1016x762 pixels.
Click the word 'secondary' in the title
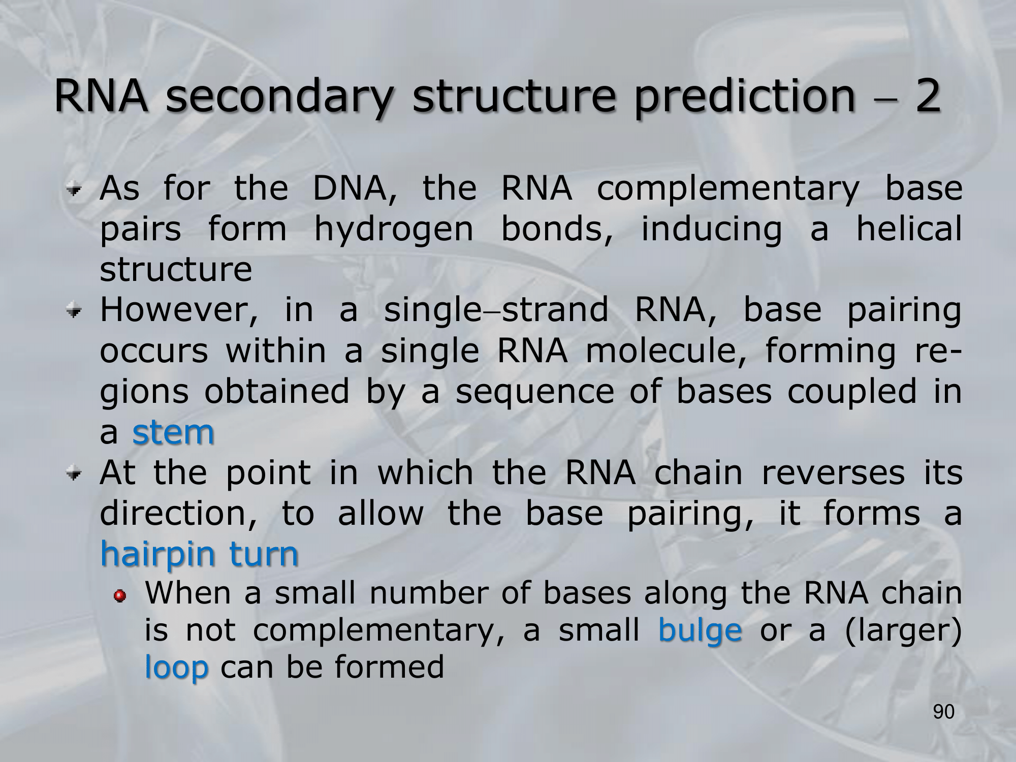[x=279, y=97]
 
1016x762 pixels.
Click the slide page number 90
[x=944, y=712]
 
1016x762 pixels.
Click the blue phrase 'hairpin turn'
[x=199, y=554]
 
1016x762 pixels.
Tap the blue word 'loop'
[x=177, y=666]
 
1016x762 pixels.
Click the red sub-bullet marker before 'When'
[x=120, y=595]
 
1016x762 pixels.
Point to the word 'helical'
[x=909, y=228]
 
